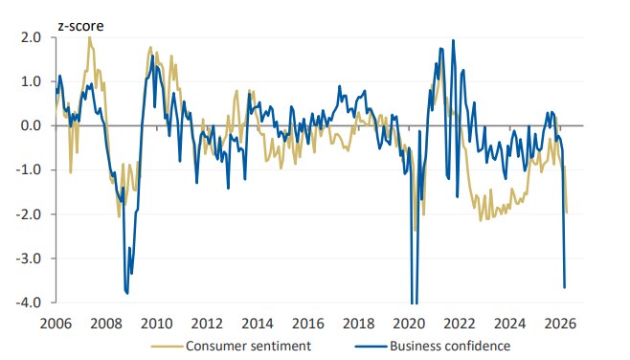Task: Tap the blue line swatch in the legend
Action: coord(375,345)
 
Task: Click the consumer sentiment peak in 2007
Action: coord(90,37)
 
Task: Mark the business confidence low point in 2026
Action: coord(564,287)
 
